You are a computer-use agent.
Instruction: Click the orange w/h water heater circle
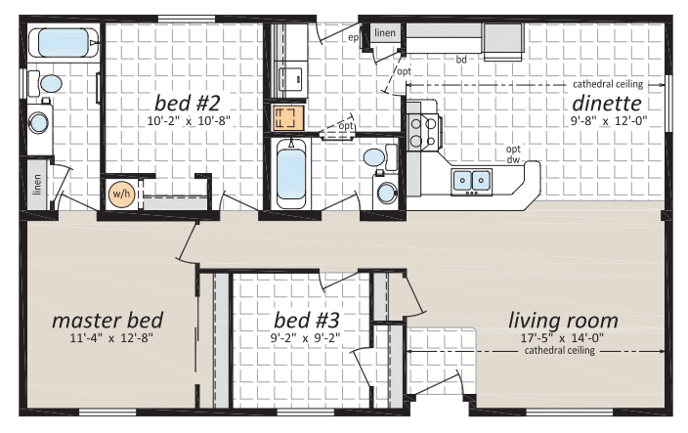tap(121, 194)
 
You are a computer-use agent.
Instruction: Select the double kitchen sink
tap(472, 181)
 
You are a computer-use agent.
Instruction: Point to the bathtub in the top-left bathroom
tap(64, 43)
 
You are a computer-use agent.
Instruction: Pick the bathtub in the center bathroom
tap(291, 174)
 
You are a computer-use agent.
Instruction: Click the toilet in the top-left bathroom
tap(46, 83)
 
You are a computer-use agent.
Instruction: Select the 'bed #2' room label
tap(187, 103)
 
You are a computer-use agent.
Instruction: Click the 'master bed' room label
tap(107, 320)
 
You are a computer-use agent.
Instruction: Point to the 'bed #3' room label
tap(306, 320)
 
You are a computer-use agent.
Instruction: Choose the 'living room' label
tap(563, 320)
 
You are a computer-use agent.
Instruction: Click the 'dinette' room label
tap(607, 104)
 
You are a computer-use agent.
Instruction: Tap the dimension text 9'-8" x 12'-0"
tap(609, 120)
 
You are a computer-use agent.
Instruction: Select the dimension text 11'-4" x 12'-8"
tap(111, 338)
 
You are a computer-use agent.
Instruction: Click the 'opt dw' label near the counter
tap(513, 154)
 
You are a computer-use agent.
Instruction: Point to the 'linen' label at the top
tap(385, 33)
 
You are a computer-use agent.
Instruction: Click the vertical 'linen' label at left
tap(37, 185)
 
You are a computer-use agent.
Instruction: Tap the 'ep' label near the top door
tap(353, 38)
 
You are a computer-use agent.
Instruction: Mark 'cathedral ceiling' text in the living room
tap(559, 351)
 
